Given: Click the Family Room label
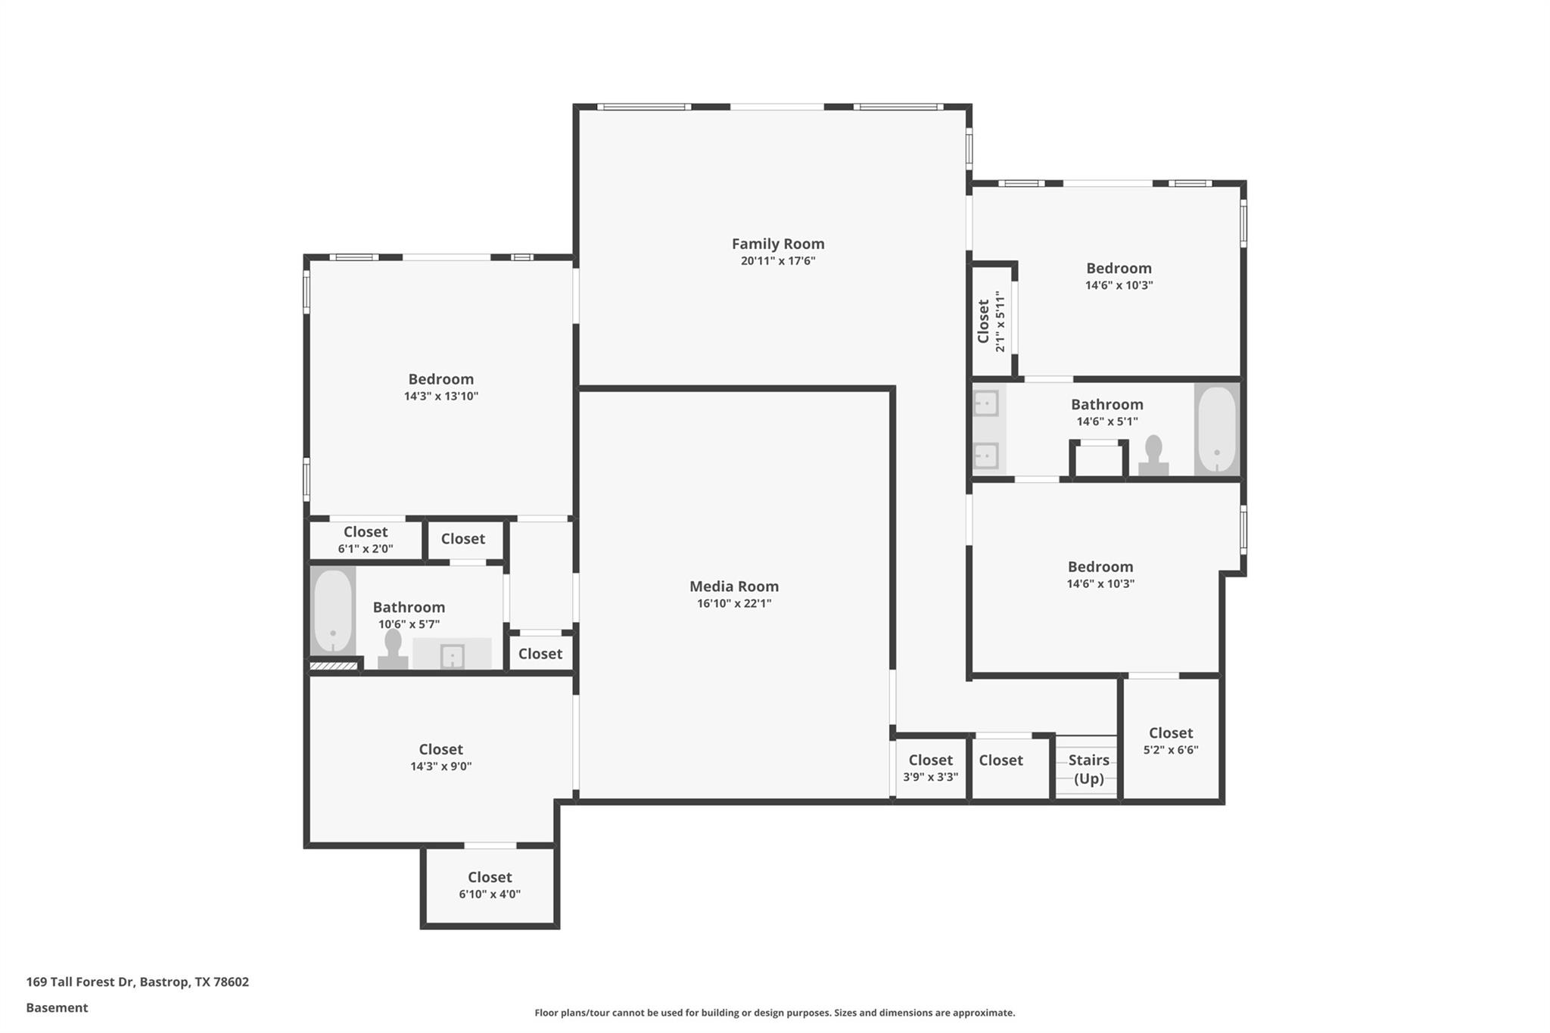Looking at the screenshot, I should pyautogui.click(x=777, y=244).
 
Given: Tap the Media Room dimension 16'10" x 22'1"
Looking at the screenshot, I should pyautogui.click(x=733, y=603).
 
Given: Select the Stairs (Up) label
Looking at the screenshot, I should pyautogui.click(x=1088, y=769).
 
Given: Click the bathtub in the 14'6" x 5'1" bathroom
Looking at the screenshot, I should pyautogui.click(x=1217, y=429).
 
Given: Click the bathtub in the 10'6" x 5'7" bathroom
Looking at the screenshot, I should pyautogui.click(x=332, y=611).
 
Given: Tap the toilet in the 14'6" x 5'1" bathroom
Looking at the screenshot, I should pyautogui.click(x=1153, y=456).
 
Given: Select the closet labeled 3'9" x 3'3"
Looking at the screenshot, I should pyautogui.click(x=930, y=767).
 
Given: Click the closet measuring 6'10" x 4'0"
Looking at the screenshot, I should pyautogui.click(x=490, y=885).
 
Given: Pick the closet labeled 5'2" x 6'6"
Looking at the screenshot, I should pyautogui.click(x=1171, y=740).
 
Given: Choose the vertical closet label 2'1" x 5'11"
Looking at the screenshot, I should pyautogui.click(x=991, y=322).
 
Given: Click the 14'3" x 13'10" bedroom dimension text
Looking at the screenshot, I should pyautogui.click(x=440, y=396).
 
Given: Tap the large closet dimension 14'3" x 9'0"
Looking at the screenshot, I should pyautogui.click(x=440, y=766).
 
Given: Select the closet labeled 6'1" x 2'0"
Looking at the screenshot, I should pyautogui.click(x=365, y=540).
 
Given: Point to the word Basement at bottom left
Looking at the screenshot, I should pyautogui.click(x=57, y=1007).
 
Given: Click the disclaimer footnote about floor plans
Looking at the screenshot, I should pyautogui.click(x=774, y=1013).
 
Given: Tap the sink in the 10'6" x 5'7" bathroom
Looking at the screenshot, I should pyautogui.click(x=452, y=655).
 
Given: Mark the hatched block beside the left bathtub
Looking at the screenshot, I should pyautogui.click(x=334, y=666).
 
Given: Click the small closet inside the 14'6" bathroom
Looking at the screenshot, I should pyautogui.click(x=1098, y=460).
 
